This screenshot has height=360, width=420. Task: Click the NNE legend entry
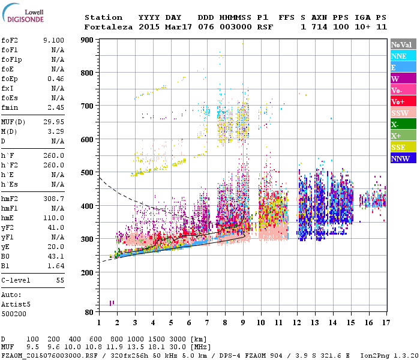[399, 56]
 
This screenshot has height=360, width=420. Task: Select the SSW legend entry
[400, 113]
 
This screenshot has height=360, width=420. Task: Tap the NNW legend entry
[400, 158]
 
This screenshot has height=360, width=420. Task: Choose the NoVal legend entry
[401, 44]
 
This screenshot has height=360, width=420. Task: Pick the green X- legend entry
[395, 124]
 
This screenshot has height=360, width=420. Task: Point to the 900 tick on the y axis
[88, 40]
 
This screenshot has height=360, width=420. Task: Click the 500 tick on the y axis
[88, 173]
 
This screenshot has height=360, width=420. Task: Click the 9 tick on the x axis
[243, 322]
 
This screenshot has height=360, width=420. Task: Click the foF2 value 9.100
[53, 40]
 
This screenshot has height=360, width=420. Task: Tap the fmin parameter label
[11, 107]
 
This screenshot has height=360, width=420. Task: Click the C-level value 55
[59, 280]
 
